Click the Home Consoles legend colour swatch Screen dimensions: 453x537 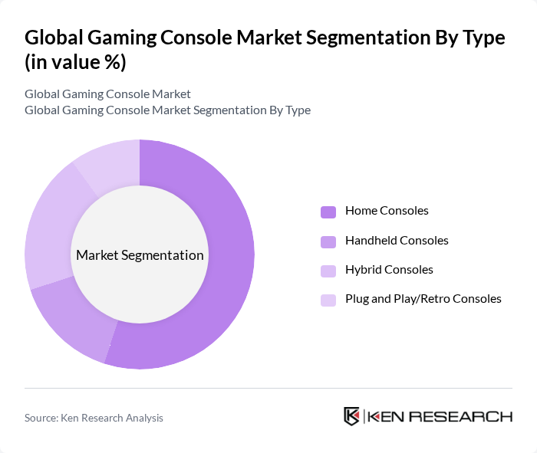(x=328, y=212)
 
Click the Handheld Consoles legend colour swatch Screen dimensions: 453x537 (x=328, y=241)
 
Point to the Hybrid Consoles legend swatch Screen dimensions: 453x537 (x=328, y=271)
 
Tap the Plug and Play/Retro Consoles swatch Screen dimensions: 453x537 (x=328, y=300)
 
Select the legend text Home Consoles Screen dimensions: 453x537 (x=387, y=211)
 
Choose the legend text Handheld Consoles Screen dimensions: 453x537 (x=397, y=241)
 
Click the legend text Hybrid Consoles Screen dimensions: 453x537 (x=389, y=270)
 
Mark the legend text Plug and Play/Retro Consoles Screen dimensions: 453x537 (x=423, y=299)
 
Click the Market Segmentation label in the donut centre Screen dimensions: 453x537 (x=140, y=255)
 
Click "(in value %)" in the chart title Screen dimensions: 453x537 (x=75, y=63)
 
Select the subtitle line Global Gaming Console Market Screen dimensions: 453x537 (x=107, y=94)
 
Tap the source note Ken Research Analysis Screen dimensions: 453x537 (x=94, y=418)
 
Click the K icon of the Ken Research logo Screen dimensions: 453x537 (x=352, y=416)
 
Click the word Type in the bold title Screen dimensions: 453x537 (x=482, y=38)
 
